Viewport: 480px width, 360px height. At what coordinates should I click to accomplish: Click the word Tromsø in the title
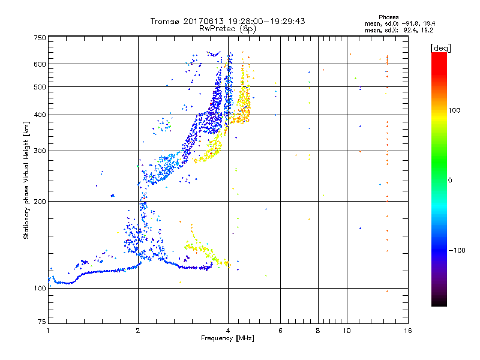[164, 21]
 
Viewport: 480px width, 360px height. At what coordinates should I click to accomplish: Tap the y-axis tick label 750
[40, 38]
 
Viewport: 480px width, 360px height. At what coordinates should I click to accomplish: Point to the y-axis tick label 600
[40, 64]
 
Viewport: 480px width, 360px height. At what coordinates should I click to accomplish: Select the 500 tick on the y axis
[40, 87]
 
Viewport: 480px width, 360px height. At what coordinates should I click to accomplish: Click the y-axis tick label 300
[40, 151]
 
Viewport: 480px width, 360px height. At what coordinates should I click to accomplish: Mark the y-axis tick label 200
[40, 202]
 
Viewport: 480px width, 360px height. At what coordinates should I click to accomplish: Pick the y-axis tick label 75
[41, 322]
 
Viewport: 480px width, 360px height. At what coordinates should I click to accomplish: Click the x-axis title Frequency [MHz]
[227, 339]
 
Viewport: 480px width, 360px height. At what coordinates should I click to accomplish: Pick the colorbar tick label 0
[449, 180]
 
